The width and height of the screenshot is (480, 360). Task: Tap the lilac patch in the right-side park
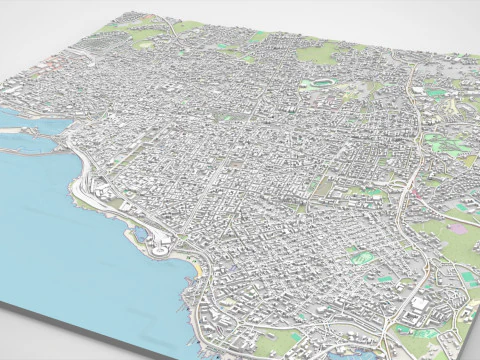point(458,229)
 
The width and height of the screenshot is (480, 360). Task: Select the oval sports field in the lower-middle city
point(363,258)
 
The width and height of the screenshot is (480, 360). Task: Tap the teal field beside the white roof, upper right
point(438,93)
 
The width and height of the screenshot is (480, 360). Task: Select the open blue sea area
point(60,240)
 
